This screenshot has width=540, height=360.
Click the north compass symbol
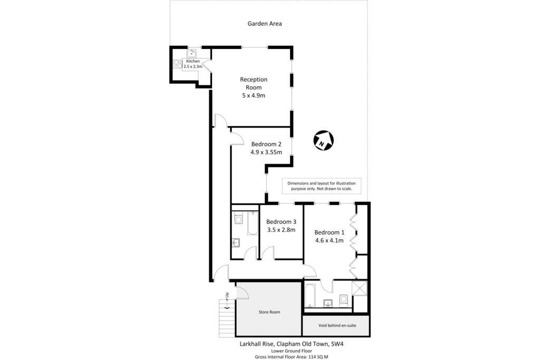tap(323, 141)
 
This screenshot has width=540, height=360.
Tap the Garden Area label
tap(265, 23)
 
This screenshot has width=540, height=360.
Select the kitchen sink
tap(192, 53)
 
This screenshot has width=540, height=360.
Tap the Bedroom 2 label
tap(266, 144)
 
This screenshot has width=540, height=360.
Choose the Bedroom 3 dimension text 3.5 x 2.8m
tap(281, 230)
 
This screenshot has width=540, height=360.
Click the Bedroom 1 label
tap(329, 232)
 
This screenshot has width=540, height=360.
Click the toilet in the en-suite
tap(343, 299)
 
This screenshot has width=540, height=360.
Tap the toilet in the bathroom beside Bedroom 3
tap(238, 218)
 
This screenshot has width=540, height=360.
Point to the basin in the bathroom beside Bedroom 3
tap(236, 243)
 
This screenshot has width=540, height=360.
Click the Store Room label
tap(269, 312)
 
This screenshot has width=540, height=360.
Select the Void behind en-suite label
tap(337, 325)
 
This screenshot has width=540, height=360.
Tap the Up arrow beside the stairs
tap(226, 301)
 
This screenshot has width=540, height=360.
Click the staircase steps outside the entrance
tap(226, 319)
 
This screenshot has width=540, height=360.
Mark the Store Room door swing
tap(242, 291)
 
